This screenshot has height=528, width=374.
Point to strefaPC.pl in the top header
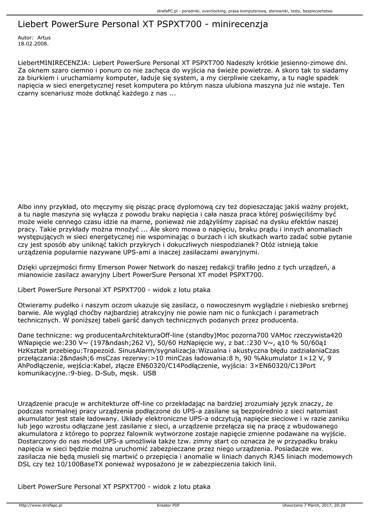[167, 10]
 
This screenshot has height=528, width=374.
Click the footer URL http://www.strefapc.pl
[40, 505]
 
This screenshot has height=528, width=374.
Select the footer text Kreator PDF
[168, 505]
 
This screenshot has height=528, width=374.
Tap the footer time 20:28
[339, 505]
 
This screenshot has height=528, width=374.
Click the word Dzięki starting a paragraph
[28, 267]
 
